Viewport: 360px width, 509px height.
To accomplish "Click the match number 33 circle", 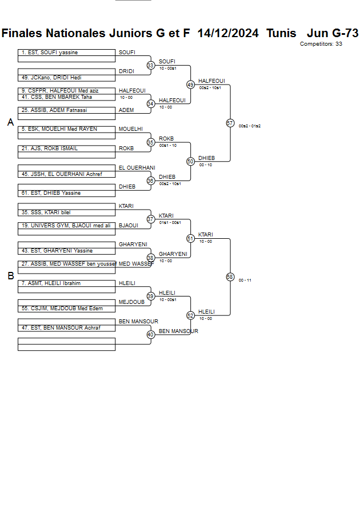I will [150, 66].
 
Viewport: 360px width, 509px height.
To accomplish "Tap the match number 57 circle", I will [230, 123].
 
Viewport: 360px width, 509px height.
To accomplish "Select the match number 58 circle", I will [230, 276].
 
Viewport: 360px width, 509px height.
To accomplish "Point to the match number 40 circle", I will [150, 335].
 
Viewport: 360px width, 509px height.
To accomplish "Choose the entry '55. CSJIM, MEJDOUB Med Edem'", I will [62, 308].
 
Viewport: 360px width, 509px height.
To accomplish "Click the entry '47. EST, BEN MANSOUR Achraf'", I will [61, 328].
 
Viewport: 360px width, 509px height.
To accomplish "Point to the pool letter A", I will [10, 122].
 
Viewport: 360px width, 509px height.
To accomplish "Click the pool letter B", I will [10, 276].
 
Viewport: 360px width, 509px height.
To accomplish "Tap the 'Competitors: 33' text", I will [321, 44].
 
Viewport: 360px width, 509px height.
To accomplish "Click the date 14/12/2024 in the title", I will [227, 33].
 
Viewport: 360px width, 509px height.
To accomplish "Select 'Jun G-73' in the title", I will [333, 33].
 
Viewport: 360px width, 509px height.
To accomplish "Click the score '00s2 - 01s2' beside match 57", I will [250, 126].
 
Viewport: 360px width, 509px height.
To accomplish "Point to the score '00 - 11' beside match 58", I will [245, 280].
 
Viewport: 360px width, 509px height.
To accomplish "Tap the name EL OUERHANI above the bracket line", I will [137, 168].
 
